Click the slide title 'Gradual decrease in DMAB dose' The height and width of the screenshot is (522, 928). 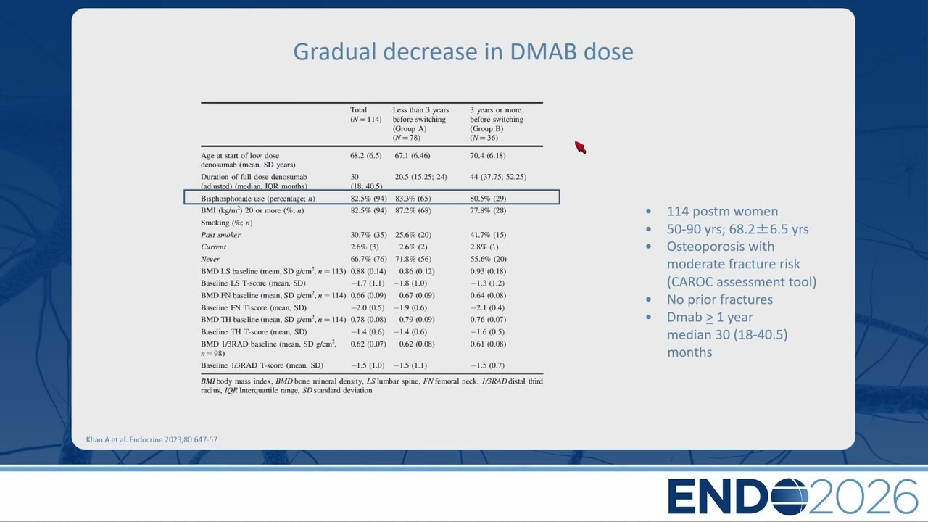463,51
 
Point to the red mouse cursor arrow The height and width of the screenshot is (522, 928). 580,147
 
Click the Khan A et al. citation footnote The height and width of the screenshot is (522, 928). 152,439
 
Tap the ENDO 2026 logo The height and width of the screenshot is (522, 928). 792,497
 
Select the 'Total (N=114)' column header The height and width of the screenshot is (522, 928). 365,115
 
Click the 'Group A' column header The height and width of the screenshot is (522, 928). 421,124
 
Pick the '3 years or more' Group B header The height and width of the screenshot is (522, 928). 497,124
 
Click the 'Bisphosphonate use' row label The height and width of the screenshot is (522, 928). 257,199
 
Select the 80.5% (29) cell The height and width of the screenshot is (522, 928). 488,199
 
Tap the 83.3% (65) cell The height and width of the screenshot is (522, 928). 413,199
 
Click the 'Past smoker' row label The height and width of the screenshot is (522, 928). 220,235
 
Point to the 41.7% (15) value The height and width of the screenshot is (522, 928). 488,235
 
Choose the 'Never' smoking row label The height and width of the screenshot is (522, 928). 210,259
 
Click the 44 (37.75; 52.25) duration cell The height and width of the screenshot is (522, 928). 498,177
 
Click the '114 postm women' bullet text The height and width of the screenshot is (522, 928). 722,211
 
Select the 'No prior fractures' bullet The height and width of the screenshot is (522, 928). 720,299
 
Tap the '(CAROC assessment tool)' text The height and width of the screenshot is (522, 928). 742,282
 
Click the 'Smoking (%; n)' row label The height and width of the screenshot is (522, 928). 227,223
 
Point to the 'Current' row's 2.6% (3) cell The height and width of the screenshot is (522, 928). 365,247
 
